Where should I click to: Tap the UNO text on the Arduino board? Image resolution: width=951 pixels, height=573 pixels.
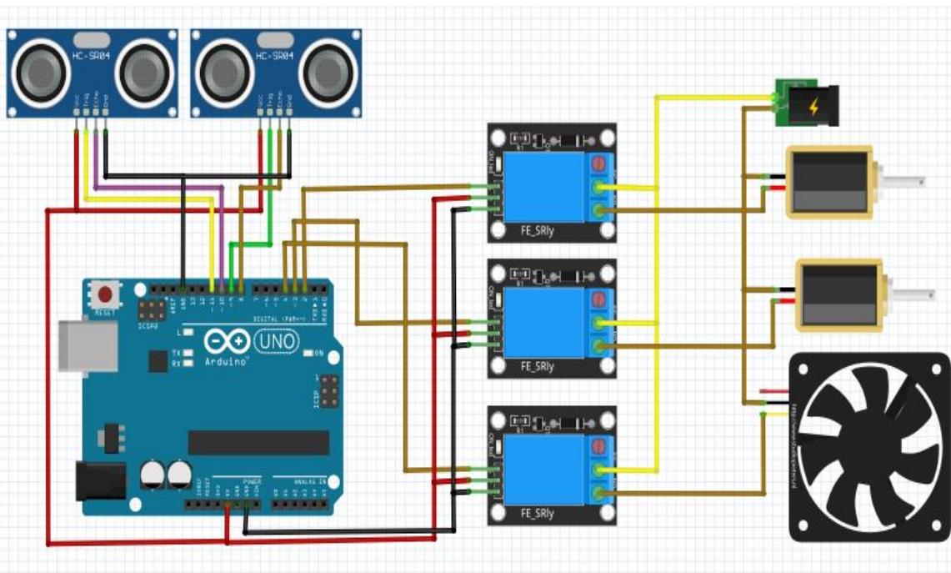coord(273,342)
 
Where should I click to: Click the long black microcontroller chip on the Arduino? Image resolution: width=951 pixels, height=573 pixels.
coord(258,442)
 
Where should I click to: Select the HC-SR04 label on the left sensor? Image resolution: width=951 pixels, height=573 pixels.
coord(92,55)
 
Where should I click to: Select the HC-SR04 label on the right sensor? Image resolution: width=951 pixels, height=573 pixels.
coord(275,55)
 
